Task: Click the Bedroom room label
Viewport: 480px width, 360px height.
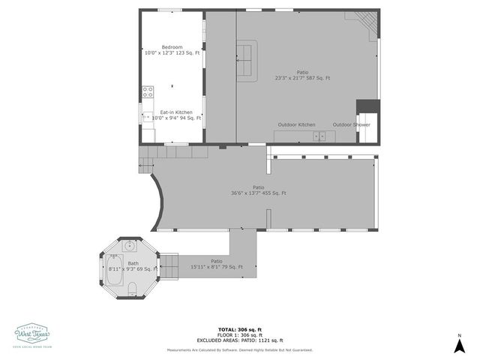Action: tap(172, 46)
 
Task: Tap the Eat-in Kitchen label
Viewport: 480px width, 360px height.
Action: tap(176, 112)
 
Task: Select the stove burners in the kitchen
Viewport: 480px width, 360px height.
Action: tap(148, 94)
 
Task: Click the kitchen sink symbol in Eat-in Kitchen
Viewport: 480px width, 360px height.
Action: tap(145, 116)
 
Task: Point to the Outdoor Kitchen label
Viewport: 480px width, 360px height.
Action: tap(296, 124)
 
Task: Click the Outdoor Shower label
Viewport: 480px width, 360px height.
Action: tap(351, 124)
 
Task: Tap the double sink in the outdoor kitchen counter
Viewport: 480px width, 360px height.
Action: tap(319, 136)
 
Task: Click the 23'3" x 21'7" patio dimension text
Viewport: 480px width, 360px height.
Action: tap(302, 78)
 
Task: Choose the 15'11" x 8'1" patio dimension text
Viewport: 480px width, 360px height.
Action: tap(217, 267)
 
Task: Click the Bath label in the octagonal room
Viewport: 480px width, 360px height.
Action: tap(133, 262)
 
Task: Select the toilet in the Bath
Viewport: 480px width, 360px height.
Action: tap(133, 290)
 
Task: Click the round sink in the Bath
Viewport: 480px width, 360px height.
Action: tap(129, 245)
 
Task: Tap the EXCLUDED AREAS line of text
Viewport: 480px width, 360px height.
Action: tap(240, 340)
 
